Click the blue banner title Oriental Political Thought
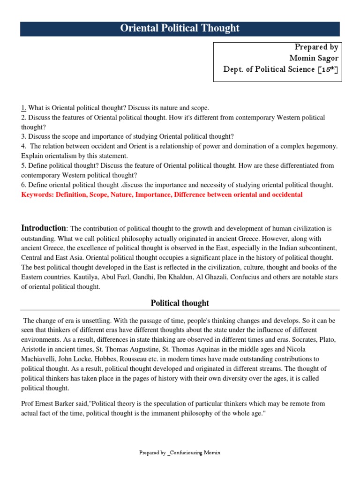click(x=180, y=28)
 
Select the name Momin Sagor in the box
click(x=314, y=58)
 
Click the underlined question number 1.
click(x=23, y=108)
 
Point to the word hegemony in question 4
click(x=321, y=147)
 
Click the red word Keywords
click(x=37, y=195)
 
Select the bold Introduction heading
click(x=44, y=228)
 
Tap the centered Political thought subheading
click(x=180, y=303)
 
